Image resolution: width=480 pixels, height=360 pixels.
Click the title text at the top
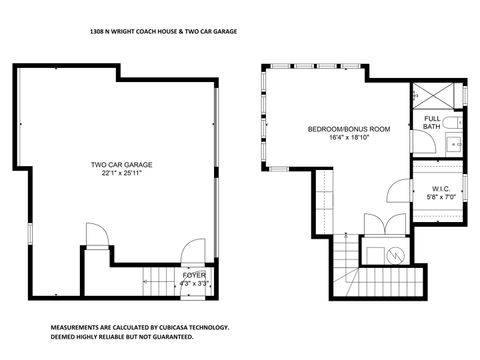click(x=163, y=32)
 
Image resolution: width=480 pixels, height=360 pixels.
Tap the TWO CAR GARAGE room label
click(x=121, y=164)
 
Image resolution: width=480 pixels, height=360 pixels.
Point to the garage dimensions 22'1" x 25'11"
click(x=121, y=173)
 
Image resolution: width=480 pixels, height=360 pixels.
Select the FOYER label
click(x=193, y=274)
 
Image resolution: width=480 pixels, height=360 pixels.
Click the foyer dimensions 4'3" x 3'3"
click(x=193, y=283)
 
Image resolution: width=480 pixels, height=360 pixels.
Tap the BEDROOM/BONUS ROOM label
click(x=348, y=130)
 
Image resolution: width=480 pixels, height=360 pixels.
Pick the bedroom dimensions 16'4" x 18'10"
click(x=348, y=139)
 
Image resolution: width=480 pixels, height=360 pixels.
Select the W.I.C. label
click(x=443, y=189)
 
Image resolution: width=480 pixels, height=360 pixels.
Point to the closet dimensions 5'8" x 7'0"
click(x=443, y=198)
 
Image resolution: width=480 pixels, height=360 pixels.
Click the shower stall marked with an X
click(x=438, y=96)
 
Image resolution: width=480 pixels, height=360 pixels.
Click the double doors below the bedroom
click(x=376, y=224)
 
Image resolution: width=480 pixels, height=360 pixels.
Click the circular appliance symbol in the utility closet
click(x=396, y=254)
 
